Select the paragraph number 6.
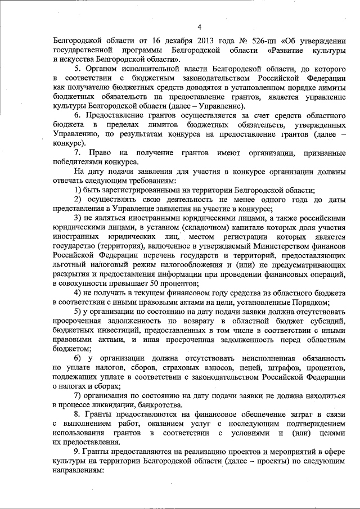click(x=78, y=115)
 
